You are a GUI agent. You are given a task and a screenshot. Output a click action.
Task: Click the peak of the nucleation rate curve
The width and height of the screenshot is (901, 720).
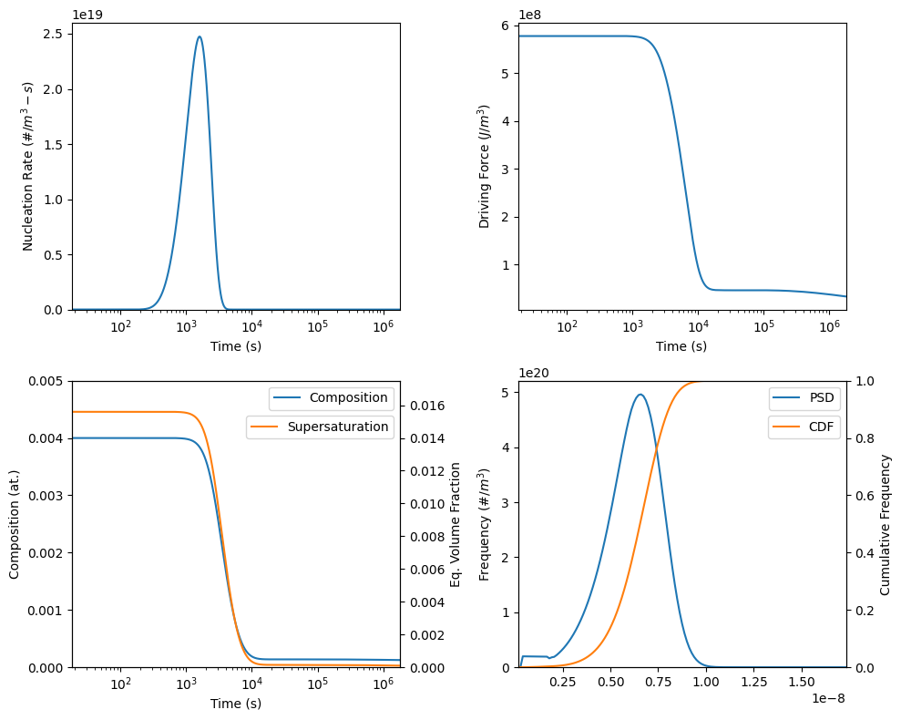click(199, 37)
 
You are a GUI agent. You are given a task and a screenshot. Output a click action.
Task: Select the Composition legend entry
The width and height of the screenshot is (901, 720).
click(348, 398)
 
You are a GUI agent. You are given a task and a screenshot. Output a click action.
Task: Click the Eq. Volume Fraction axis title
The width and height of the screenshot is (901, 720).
click(456, 524)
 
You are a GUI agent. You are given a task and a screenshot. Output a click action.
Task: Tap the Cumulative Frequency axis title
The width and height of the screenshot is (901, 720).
click(886, 524)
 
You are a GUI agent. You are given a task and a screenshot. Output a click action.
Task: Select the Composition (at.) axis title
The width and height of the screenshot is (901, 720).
click(15, 524)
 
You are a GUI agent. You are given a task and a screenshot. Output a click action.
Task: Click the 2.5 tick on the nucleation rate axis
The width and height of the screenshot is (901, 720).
click(52, 35)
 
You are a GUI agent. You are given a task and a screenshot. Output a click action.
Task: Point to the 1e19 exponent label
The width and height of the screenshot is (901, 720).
click(88, 15)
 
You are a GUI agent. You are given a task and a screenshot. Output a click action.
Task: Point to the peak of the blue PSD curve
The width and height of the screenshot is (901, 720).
click(640, 395)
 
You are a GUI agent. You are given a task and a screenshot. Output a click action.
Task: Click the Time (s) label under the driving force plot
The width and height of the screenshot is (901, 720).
click(681, 346)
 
